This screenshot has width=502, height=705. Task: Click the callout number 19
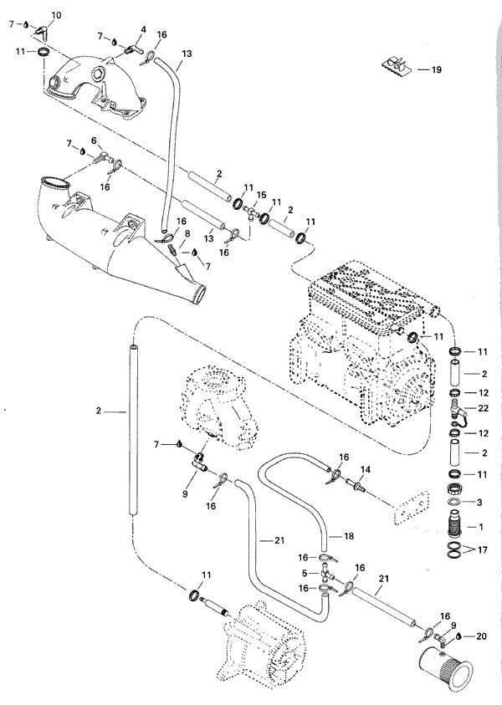pos(436,69)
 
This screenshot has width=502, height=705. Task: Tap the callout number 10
pos(56,16)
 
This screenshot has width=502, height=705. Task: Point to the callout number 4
pos(144,29)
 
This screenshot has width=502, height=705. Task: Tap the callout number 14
pos(365,469)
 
